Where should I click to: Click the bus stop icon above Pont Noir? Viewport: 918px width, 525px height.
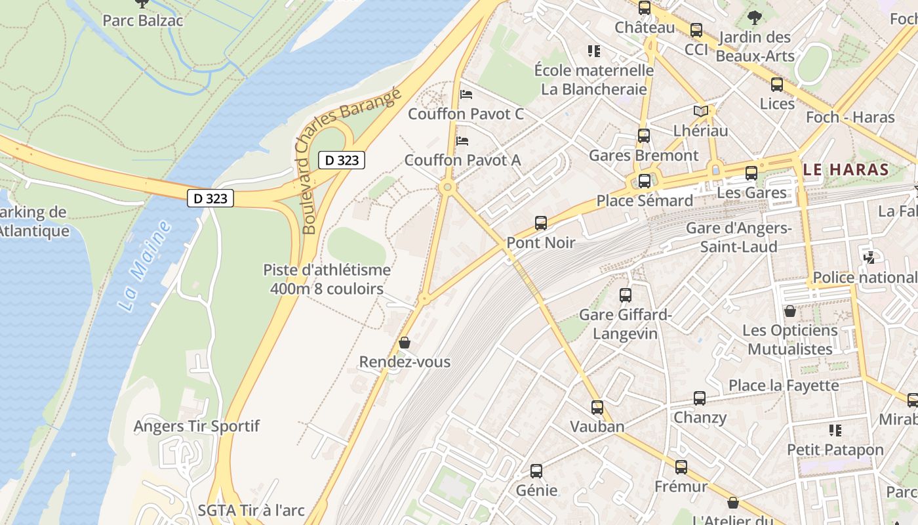[540, 223]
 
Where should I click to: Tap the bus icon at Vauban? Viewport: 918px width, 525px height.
[597, 408]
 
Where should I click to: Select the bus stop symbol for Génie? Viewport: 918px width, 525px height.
[536, 471]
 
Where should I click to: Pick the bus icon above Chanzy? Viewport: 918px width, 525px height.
[700, 398]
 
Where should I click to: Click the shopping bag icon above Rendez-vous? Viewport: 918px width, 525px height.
[405, 343]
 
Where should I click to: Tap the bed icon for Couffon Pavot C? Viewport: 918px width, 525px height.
[466, 94]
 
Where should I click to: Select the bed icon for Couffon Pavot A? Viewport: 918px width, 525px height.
[462, 140]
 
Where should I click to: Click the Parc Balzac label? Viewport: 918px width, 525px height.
[142, 20]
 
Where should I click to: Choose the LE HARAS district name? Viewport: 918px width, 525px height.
[846, 169]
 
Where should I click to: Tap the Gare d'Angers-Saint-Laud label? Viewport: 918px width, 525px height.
[738, 238]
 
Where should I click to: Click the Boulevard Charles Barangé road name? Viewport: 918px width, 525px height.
[351, 161]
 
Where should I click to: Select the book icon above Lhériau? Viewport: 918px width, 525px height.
[700, 112]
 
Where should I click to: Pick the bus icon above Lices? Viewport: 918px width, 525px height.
[777, 85]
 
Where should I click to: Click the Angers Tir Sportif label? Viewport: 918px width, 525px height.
[197, 426]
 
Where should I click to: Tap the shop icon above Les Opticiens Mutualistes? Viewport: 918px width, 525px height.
[790, 311]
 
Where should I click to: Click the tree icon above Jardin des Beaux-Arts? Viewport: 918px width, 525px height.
[755, 18]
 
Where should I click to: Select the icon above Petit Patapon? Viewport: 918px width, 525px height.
[835, 430]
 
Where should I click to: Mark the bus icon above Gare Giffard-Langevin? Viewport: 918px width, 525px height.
[625, 295]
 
